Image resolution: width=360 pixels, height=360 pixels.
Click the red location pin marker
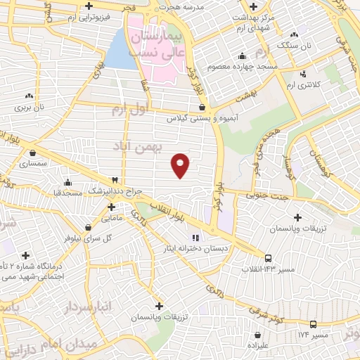[x=181, y=164]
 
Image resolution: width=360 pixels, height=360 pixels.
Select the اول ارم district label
[x=131, y=110]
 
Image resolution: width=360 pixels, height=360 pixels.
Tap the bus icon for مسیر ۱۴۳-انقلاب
[x=268, y=258]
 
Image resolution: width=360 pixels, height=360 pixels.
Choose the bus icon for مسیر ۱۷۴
[x=313, y=324]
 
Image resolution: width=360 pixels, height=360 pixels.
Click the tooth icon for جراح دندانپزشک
[x=115, y=180]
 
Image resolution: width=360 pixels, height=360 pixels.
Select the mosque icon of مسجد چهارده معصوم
[x=243, y=56]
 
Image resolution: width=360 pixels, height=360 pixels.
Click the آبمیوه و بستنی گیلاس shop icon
[x=202, y=108]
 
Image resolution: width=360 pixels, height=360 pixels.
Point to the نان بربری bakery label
[x=31, y=108]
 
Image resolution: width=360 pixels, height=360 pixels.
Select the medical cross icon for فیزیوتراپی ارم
[x=88, y=6]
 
